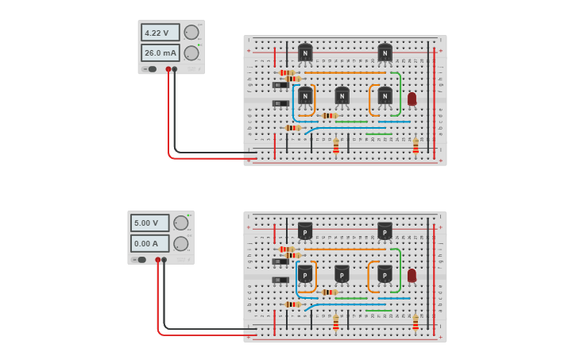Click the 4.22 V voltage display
[x=160, y=33]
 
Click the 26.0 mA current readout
[x=160, y=53]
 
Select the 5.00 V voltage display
[x=150, y=223]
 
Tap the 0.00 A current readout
[x=150, y=244]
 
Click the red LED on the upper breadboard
[x=412, y=99]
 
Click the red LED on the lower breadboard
[x=412, y=275]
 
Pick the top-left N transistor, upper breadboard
[x=305, y=53]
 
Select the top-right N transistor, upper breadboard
[x=385, y=53]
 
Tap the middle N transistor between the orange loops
[x=342, y=96]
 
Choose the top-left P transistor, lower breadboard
[x=305, y=230]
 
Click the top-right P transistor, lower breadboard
[x=385, y=230]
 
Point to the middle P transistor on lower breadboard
[x=342, y=273]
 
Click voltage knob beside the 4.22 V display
[x=191, y=33]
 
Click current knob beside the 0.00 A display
[x=181, y=244]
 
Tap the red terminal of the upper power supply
[x=168, y=69]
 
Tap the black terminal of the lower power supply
[x=164, y=260]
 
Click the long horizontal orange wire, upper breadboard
[x=345, y=72]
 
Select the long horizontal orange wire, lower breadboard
[x=345, y=250]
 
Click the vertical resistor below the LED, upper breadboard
[x=416, y=145]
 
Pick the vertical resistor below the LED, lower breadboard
[x=416, y=322]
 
